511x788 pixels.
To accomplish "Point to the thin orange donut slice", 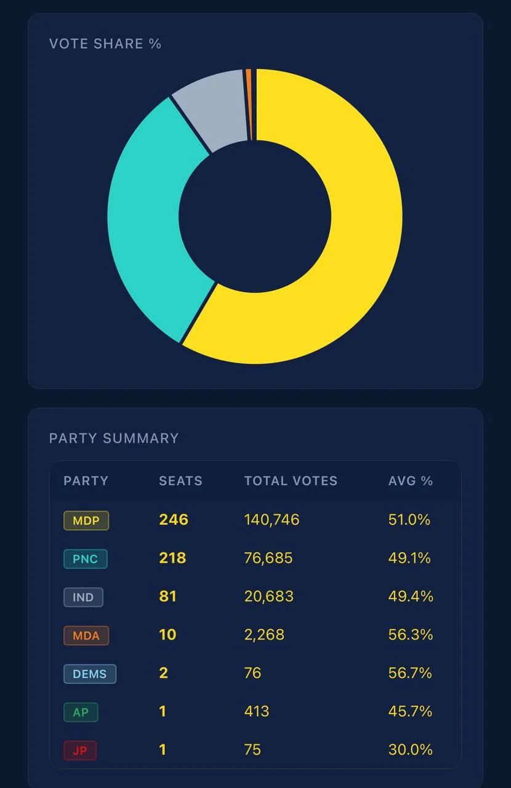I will [249, 105].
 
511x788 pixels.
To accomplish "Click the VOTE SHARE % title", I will [105, 44].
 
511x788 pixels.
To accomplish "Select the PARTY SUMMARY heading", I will [114, 438].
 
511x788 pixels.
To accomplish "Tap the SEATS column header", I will [180, 481].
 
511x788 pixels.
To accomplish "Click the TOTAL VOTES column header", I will [291, 481].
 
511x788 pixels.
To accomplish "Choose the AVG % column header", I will [411, 481].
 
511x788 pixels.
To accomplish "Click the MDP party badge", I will [86, 520].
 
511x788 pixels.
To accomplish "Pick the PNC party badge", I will [85, 558].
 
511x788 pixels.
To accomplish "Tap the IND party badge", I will [83, 597].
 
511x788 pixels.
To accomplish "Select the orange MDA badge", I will [86, 635].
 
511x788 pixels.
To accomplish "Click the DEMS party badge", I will [90, 673].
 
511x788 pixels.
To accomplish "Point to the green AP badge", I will [81, 712].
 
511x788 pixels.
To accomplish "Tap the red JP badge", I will [80, 750].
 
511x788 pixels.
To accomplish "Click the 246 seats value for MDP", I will [174, 520].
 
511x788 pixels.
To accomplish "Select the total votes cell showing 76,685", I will [268, 558].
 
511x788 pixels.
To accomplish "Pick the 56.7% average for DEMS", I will [411, 673].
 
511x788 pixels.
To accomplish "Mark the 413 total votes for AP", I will [257, 712].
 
